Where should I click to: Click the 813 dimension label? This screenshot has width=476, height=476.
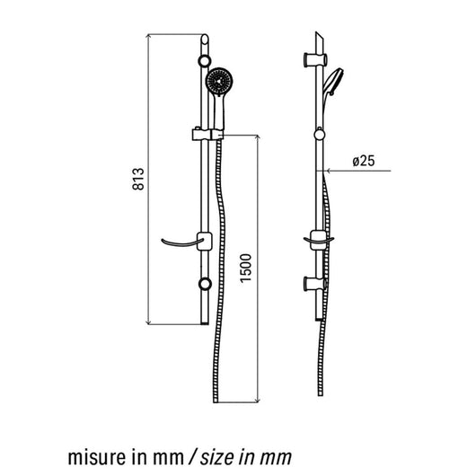pyautogui.click(x=138, y=179)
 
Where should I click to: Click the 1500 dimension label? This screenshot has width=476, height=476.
pyautogui.click(x=245, y=269)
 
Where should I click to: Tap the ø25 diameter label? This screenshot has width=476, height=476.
pyautogui.click(x=364, y=161)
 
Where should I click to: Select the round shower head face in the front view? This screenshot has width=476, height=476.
pyautogui.click(x=219, y=81)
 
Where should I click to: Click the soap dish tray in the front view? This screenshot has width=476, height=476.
pyautogui.click(x=181, y=242)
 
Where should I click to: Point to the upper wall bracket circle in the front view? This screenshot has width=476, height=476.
pyautogui.click(x=205, y=61)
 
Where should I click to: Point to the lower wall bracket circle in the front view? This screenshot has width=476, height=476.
pyautogui.click(x=205, y=284)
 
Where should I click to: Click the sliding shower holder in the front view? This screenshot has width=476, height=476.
pyautogui.click(x=207, y=135)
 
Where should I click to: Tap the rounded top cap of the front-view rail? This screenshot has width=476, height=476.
pyautogui.click(x=205, y=39)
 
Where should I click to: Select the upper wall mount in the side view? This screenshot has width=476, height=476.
pyautogui.click(x=316, y=59)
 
